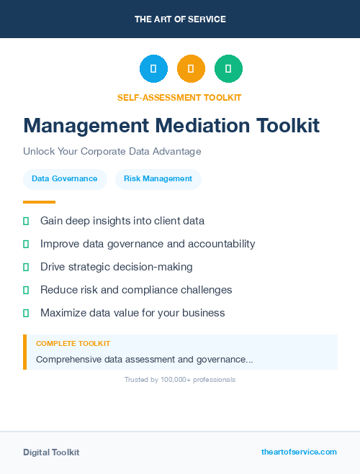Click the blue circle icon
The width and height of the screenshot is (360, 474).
[x=153, y=69]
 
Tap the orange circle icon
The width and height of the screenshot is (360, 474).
[x=191, y=69]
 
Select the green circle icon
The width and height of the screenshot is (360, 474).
[x=228, y=69]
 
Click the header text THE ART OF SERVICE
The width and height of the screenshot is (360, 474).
[x=180, y=19]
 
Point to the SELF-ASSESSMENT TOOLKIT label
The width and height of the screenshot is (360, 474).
[x=179, y=97]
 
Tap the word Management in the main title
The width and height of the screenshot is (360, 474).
[x=86, y=126]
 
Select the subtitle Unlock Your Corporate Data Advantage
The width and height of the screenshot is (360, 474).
[x=112, y=152]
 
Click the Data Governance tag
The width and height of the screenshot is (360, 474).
[x=65, y=179]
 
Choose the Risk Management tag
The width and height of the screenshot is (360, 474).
[x=158, y=179]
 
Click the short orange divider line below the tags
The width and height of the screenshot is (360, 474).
[x=39, y=202]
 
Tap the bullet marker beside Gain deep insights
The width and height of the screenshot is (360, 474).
[x=26, y=221]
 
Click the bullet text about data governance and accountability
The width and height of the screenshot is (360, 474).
[x=148, y=244]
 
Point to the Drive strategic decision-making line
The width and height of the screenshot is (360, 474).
[x=116, y=267]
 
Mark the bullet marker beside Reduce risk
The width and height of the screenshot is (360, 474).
[x=26, y=290]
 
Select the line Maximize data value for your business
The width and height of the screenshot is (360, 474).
[x=132, y=313]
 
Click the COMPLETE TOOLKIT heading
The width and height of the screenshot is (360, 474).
[x=73, y=344]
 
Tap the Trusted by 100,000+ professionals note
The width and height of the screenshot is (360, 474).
[x=180, y=379]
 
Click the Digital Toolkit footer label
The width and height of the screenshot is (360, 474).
[x=51, y=452]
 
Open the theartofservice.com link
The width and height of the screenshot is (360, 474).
[x=299, y=452]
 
